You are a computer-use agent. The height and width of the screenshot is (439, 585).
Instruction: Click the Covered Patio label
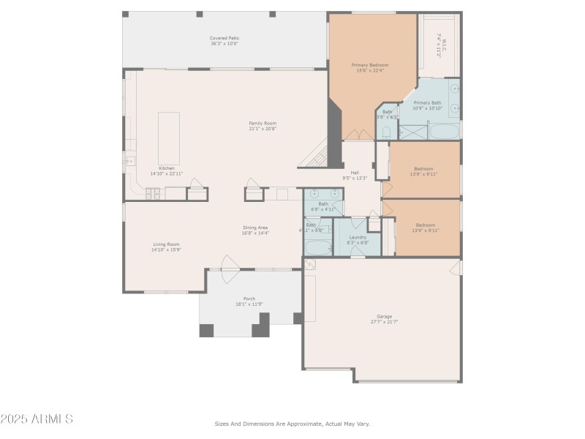tap(224, 38)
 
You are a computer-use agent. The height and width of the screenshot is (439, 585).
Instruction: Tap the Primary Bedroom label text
tap(369, 65)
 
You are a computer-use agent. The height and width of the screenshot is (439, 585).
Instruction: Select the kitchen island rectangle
tap(169, 128)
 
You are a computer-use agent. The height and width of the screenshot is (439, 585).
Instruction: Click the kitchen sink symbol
tap(130, 161)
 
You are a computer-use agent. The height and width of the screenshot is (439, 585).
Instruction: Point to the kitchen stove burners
tap(154, 193)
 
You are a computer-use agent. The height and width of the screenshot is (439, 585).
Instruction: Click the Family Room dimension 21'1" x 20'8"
tap(262, 129)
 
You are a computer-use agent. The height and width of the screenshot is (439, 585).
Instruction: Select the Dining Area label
tap(256, 228)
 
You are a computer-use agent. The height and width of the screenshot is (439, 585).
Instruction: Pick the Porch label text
tap(249, 299)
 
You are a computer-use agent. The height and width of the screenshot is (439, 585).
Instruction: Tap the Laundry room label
tap(358, 237)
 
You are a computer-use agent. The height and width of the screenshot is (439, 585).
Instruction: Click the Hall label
tap(355, 173)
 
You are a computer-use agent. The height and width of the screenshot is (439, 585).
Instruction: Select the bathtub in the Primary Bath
tap(443, 132)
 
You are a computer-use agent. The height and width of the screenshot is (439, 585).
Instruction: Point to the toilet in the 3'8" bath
tap(387, 132)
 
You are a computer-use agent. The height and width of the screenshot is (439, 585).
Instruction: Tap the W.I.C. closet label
tap(442, 48)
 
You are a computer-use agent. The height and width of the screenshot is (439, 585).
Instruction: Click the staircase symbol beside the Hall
tap(317, 154)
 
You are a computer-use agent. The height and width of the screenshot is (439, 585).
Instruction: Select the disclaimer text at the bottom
tap(292, 424)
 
